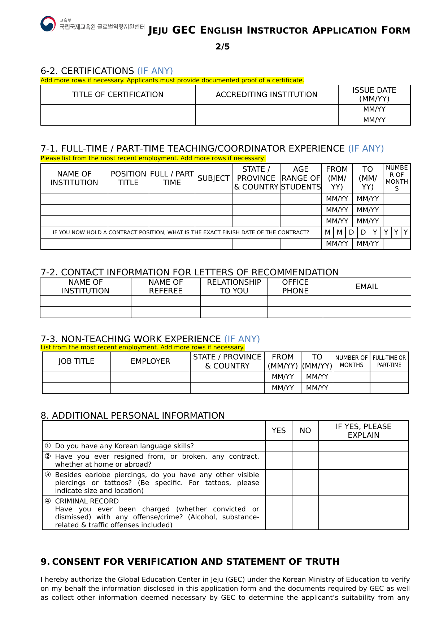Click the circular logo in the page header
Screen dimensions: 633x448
(48, 24)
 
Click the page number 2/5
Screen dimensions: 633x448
(222, 47)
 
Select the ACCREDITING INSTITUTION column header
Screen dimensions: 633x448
(266, 95)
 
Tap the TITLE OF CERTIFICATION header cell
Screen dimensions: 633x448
(118, 95)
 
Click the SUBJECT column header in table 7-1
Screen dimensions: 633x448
(213, 178)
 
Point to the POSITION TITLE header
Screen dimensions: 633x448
(128, 178)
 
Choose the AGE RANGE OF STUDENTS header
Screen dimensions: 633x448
(301, 178)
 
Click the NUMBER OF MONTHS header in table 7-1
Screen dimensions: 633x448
(396, 178)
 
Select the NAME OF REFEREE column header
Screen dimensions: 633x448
(166, 287)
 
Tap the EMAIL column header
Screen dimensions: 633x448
(367, 287)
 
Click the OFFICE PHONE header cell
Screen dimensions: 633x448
(295, 287)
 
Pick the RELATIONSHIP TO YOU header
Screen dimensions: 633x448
(234, 287)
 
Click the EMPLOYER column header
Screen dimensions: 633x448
(150, 361)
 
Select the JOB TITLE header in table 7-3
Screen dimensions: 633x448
(76, 361)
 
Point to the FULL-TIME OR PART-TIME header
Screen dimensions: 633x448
(389, 361)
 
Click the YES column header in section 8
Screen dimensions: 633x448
(278, 431)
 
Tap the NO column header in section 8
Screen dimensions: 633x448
(305, 431)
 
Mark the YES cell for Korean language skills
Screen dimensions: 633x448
(278, 446)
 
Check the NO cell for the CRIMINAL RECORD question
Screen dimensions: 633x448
(305, 513)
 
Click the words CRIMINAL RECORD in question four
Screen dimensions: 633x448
(87, 501)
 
